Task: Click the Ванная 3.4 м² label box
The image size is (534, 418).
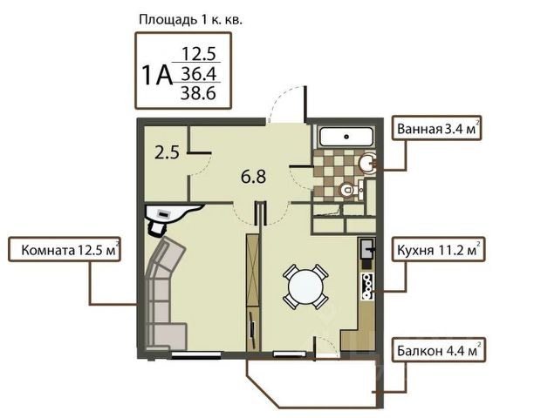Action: point(436,128)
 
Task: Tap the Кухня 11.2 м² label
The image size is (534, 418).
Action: point(438,249)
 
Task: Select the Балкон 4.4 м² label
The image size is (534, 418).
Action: point(438,350)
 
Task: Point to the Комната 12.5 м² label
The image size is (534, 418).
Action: point(65,249)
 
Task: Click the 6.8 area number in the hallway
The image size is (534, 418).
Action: point(253,177)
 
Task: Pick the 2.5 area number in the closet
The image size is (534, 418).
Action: point(167,152)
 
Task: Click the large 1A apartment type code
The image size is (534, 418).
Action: point(157,76)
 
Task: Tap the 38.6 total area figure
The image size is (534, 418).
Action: point(198,93)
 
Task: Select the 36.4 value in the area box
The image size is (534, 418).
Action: point(198,73)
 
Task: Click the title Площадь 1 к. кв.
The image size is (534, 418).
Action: point(190,20)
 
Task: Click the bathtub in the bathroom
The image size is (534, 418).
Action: point(346,137)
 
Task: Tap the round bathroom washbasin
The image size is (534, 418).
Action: point(368,163)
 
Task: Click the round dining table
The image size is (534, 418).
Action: point(305,287)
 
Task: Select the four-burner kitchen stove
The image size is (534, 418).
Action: point(367,287)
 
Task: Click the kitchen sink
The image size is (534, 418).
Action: point(367,248)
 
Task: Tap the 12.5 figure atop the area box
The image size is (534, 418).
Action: point(199,54)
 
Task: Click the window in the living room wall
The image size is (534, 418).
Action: point(196,355)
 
